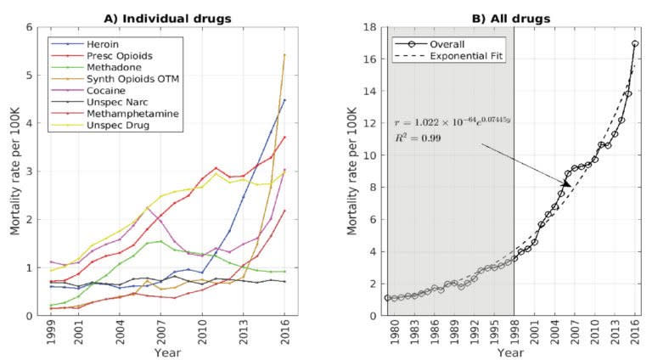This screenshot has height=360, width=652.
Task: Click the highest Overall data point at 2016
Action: click(635, 43)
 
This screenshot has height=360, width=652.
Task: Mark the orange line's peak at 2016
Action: click(284, 55)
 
